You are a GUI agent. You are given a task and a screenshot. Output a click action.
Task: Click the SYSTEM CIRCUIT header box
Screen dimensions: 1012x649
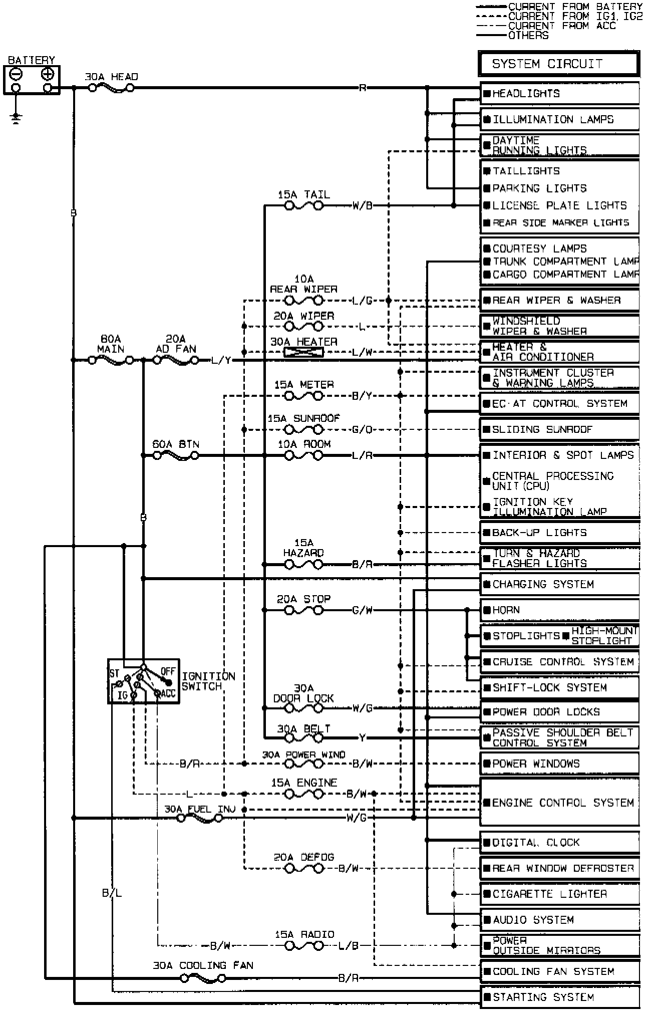[x=558, y=64]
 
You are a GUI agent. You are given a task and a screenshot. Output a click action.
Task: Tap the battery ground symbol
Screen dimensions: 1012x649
[x=16, y=118]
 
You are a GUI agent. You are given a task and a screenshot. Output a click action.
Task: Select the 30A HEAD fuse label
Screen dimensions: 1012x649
[x=111, y=77]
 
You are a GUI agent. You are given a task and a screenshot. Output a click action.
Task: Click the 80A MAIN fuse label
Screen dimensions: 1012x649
[x=111, y=344]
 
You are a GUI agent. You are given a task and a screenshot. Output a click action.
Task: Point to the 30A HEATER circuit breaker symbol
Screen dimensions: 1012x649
[x=303, y=352]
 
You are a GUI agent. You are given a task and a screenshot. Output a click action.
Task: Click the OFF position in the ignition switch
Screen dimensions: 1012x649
[x=168, y=671]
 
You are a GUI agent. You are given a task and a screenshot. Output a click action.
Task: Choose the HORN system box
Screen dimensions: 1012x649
[x=559, y=610]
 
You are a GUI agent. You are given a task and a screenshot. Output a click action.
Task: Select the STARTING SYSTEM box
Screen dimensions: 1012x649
[x=559, y=997]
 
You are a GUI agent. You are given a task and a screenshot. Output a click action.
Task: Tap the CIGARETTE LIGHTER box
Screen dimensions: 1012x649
[x=559, y=894]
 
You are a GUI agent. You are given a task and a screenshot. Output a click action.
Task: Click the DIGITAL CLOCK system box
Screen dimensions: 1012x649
[x=559, y=843]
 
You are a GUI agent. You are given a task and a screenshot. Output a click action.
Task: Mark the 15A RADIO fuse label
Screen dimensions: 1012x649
[x=304, y=934]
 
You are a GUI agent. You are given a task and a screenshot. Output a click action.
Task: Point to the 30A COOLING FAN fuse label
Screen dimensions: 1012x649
[x=203, y=965]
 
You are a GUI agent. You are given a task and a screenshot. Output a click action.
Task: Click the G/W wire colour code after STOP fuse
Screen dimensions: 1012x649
[x=362, y=610]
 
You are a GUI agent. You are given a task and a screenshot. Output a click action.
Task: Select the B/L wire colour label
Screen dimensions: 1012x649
[x=112, y=893]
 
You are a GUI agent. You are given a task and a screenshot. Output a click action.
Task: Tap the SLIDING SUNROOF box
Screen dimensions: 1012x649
[x=559, y=429]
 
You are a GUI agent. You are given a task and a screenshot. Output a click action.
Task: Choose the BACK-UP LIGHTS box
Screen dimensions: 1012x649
[x=559, y=533]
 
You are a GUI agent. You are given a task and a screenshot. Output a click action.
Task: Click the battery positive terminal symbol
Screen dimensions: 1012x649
[x=48, y=75]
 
